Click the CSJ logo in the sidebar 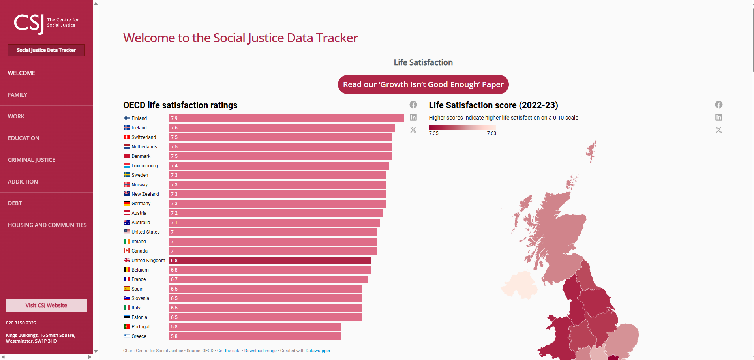tap(46, 23)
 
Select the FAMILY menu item tap(18, 95)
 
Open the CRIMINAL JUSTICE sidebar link tap(32, 160)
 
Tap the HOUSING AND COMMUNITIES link tap(47, 225)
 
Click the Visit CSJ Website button tap(46, 305)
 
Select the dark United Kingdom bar tap(270, 261)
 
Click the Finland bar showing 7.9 tap(286, 118)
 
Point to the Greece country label tap(139, 336)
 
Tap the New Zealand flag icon tap(127, 194)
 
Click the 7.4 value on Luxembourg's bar tap(174, 166)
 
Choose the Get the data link tap(229, 351)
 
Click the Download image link tap(260, 351)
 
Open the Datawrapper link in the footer tap(318, 351)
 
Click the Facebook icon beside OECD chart tap(413, 105)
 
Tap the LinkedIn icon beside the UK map tap(719, 117)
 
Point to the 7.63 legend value tap(491, 133)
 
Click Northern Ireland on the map tap(519, 284)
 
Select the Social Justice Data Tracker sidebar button tap(46, 50)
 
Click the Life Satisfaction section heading tap(423, 62)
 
